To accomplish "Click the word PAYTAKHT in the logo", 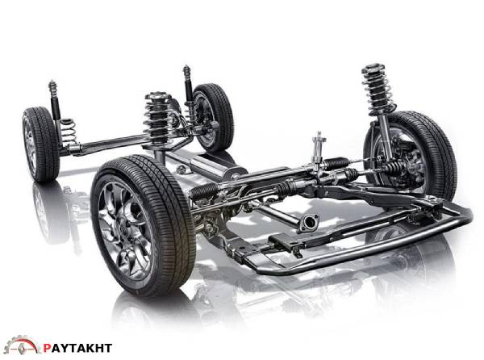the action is pyautogui.click(x=77, y=348).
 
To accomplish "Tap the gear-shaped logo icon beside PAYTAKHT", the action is pyautogui.click(x=22, y=345).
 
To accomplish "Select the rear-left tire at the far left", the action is pyautogui.click(x=40, y=144).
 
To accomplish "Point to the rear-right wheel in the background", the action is pyautogui.click(x=213, y=117).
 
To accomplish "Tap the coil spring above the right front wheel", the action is pyautogui.click(x=378, y=88).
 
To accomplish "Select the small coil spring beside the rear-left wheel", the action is pyautogui.click(x=68, y=132).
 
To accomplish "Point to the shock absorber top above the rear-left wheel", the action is pyautogui.click(x=52, y=86).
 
